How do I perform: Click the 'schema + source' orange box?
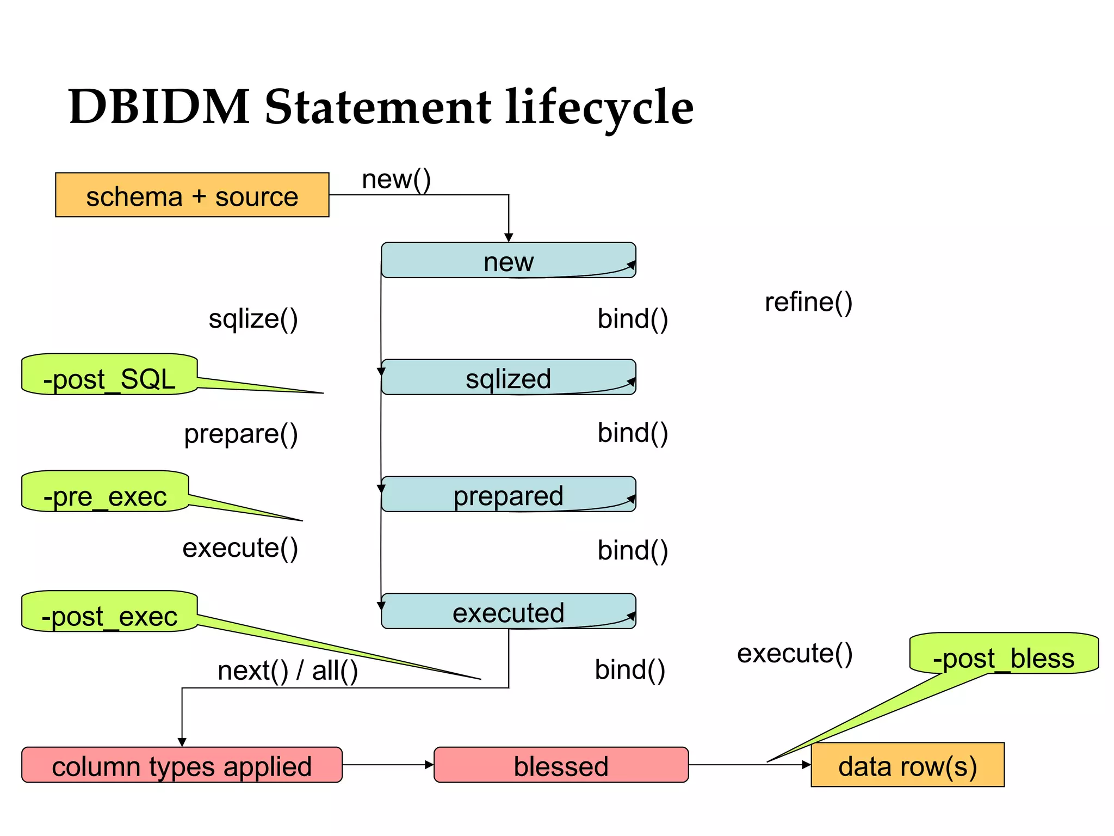192,195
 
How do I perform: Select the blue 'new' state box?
508,261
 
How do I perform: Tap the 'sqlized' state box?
508,377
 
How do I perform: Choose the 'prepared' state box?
508,494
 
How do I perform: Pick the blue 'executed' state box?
508,611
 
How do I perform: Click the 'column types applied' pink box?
182,765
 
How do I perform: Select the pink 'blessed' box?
561,765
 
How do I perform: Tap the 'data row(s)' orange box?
907,765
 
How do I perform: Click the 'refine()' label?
808,302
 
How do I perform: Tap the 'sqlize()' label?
253,318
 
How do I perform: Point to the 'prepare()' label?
241,434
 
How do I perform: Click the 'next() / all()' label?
288,670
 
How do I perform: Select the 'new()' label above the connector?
396,179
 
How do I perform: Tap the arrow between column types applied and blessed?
388,765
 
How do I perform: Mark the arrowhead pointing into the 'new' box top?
509,238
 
